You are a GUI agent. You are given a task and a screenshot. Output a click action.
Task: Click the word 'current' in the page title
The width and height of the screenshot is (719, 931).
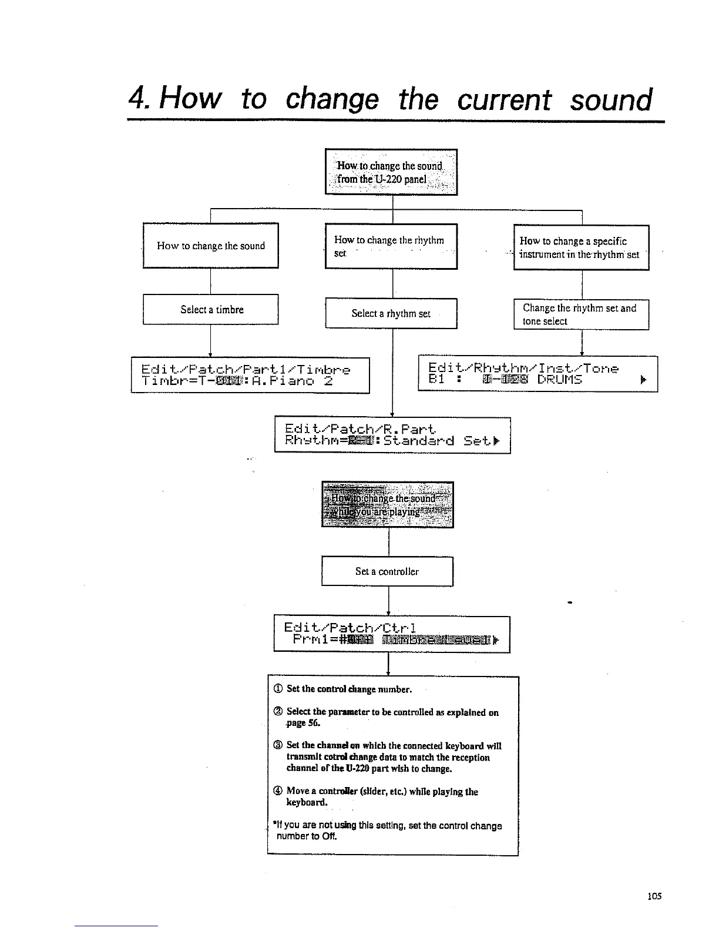tap(503, 99)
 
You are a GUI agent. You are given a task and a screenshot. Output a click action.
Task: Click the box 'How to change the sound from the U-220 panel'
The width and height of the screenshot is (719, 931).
tap(391, 172)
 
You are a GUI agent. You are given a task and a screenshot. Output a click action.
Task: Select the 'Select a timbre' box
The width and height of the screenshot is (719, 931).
tap(211, 309)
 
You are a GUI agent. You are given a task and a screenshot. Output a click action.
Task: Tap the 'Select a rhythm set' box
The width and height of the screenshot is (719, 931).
tap(391, 313)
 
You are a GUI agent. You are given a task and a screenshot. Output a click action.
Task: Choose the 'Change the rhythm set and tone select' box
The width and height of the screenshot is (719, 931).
tap(581, 314)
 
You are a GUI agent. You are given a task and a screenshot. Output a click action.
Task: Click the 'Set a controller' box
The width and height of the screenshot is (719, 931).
tap(387, 571)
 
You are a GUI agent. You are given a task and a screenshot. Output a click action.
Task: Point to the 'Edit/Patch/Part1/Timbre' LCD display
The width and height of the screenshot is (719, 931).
tap(250, 375)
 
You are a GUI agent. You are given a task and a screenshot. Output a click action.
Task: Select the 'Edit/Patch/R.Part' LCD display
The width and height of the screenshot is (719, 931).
tap(392, 434)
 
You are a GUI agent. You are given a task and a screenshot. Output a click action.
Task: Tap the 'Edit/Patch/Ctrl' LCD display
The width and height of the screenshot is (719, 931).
tap(391, 634)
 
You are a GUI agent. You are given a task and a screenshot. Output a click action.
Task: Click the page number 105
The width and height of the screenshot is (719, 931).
tap(654, 896)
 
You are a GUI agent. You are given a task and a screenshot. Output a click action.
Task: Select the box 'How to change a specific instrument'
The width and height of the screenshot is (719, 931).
tap(581, 247)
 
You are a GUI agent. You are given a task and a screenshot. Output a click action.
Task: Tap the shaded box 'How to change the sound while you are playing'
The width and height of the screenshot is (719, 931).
tap(388, 504)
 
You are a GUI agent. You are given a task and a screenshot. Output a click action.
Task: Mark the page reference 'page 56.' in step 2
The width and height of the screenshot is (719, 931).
tap(303, 723)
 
